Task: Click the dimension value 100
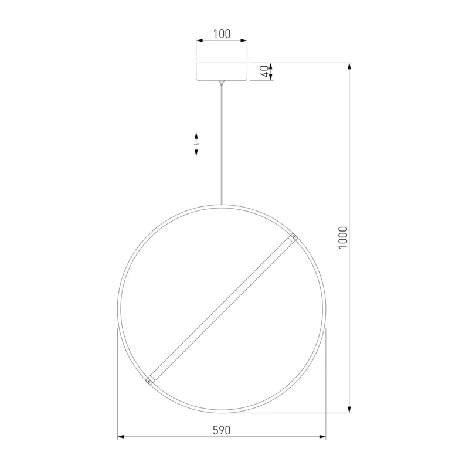[222, 34]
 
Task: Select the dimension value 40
[265, 72]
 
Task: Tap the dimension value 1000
[343, 237]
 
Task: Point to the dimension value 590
[222, 430]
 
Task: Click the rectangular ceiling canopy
[222, 72]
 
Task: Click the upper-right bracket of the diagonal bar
[293, 237]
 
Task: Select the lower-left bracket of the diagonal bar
[149, 380]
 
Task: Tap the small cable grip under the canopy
[222, 83]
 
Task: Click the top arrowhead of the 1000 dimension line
[349, 66]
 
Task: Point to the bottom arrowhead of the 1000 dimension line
[349, 409]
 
